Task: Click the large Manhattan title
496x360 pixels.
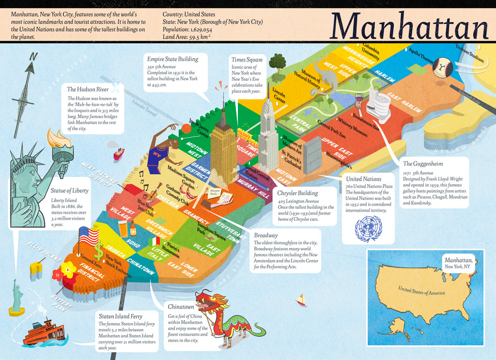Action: pyautogui.click(x=409, y=25)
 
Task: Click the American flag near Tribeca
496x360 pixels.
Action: pyautogui.click(x=89, y=236)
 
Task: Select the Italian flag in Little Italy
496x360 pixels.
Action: pyautogui.click(x=155, y=241)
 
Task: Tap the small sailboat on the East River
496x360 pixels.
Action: pyautogui.click(x=302, y=300)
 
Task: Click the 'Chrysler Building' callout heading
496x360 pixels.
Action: pyautogui.click(x=298, y=193)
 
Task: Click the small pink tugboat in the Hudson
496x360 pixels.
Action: pyautogui.click(x=119, y=154)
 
